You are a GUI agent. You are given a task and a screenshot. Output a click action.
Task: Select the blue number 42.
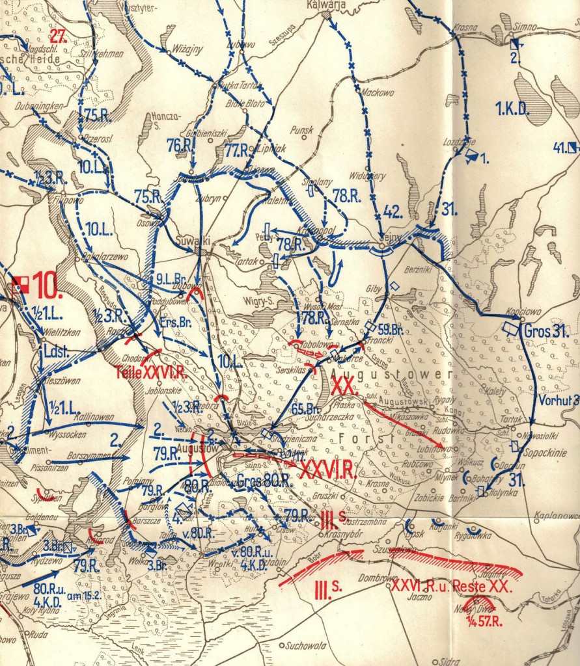tap(391, 210)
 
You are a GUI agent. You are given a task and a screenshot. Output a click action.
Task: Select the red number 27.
tap(59, 36)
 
